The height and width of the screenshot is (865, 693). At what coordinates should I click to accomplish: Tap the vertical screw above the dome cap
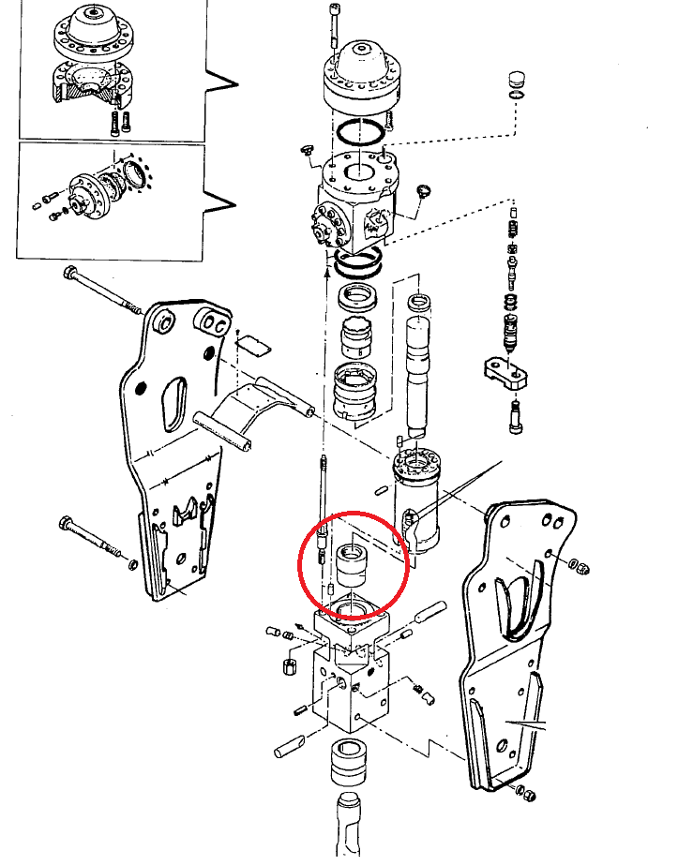(x=334, y=24)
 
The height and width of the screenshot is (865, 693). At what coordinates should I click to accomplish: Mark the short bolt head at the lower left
(x=66, y=522)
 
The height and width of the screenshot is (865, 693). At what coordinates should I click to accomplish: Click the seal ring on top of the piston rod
(x=418, y=303)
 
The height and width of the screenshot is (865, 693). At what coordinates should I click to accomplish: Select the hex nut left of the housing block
(x=289, y=666)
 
